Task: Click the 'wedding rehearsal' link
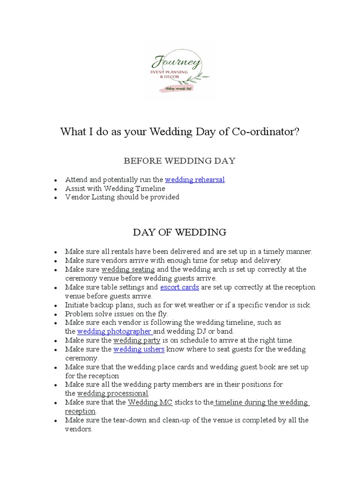click(195, 180)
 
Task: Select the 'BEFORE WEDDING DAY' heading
click(180, 161)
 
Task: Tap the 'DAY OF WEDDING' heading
click(180, 232)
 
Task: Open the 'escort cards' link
click(180, 287)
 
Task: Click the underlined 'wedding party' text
click(137, 340)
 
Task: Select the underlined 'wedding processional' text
click(112, 393)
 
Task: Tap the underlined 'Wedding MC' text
click(145, 402)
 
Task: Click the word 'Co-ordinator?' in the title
click(266, 132)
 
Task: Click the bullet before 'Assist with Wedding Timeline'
click(56, 189)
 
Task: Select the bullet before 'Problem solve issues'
click(56, 314)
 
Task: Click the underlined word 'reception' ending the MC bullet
click(80, 411)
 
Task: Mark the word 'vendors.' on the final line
click(79, 429)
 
